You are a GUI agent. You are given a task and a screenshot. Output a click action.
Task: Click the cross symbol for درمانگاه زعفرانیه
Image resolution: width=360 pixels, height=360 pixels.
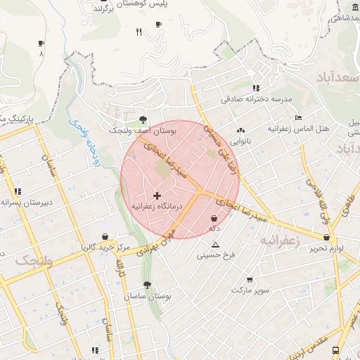156,195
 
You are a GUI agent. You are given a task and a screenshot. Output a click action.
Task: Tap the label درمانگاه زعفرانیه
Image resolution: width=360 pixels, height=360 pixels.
156,207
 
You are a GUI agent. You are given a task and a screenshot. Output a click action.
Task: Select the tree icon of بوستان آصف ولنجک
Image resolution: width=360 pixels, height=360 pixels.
143,119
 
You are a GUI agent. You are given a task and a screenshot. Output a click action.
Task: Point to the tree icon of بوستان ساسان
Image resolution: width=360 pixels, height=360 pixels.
146,285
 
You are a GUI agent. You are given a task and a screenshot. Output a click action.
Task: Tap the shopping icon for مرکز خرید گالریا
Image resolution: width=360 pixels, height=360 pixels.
105,236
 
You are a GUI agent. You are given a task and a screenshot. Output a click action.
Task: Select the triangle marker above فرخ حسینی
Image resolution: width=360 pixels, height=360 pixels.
215,245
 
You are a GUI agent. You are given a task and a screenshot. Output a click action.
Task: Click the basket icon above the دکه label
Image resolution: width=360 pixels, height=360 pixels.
213,219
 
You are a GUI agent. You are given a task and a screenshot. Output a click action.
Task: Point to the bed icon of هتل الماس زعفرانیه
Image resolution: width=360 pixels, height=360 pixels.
298,117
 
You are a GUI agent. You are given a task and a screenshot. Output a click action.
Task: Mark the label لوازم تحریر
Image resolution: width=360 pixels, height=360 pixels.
327,249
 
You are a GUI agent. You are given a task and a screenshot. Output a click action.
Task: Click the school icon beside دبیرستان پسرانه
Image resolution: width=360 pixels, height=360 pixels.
18,191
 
